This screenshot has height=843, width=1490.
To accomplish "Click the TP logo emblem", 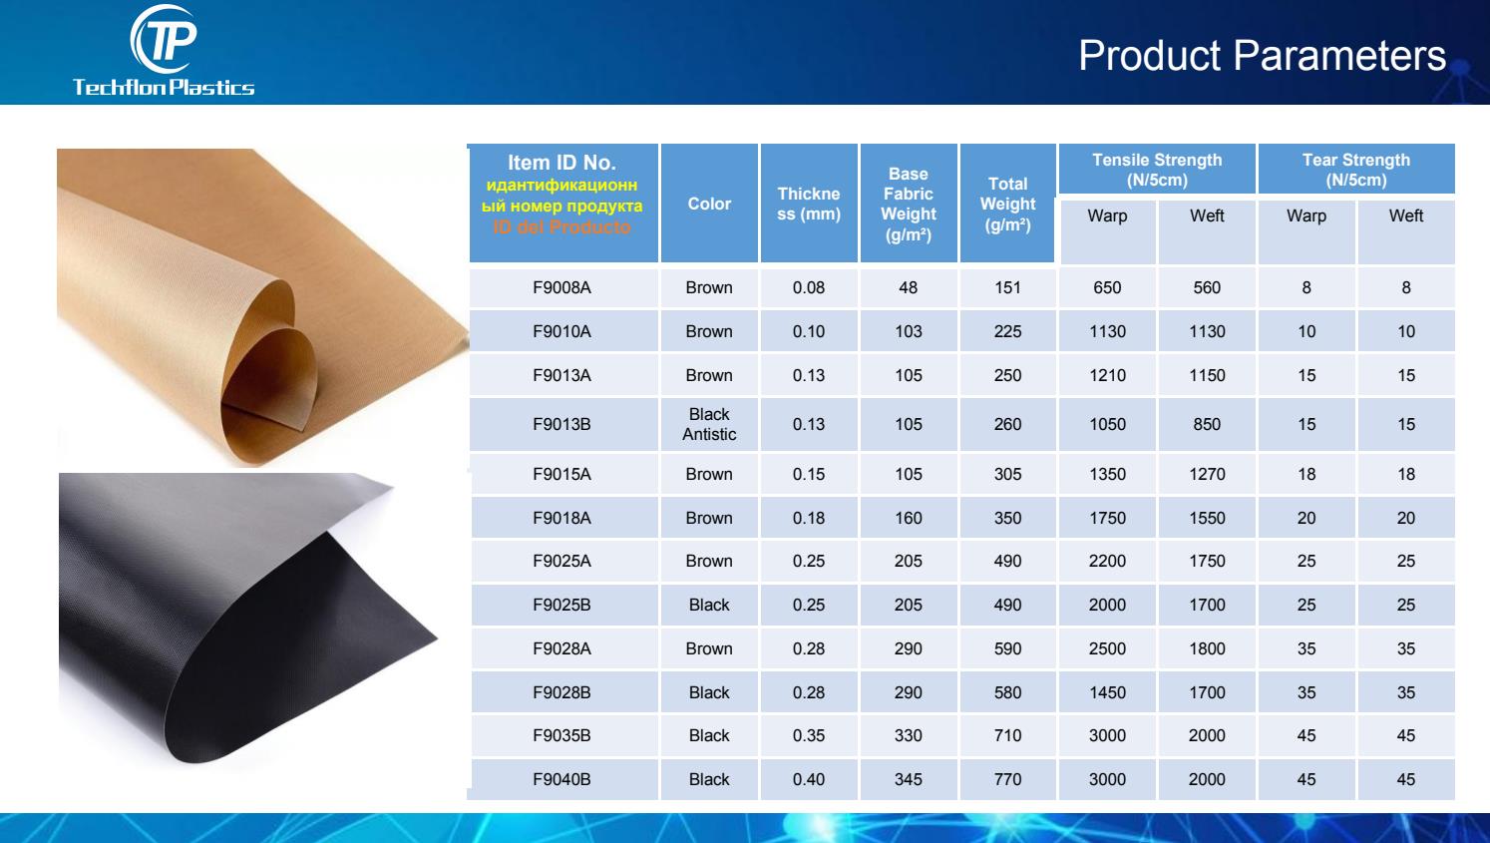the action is pyautogui.click(x=164, y=39).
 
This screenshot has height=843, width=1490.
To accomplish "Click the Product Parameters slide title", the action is pyautogui.click(x=1262, y=55).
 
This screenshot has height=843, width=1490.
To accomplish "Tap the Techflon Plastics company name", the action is pyautogui.click(x=164, y=87).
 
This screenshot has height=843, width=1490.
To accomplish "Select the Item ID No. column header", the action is pyautogui.click(x=562, y=163).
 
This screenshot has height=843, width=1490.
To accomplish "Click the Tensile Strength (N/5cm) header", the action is pyautogui.click(x=1157, y=170).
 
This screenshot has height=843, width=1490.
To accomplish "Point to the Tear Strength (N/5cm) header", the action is pyautogui.click(x=1355, y=170).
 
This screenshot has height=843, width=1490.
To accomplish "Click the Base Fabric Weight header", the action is pyautogui.click(x=908, y=204).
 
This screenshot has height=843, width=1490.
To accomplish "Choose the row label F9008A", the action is pyautogui.click(x=561, y=287).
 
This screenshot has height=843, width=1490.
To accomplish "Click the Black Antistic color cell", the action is pyautogui.click(x=709, y=424).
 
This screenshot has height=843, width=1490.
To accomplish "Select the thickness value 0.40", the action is pyautogui.click(x=808, y=779).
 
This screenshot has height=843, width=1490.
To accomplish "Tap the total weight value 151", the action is pyautogui.click(x=1007, y=287).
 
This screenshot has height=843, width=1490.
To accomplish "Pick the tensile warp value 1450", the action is pyautogui.click(x=1107, y=692).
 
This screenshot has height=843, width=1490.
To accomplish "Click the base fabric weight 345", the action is pyautogui.click(x=908, y=779).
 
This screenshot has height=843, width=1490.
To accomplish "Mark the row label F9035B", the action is pyautogui.click(x=561, y=735).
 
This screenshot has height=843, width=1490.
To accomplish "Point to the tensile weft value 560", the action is pyautogui.click(x=1207, y=287).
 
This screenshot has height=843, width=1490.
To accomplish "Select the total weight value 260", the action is pyautogui.click(x=1007, y=424).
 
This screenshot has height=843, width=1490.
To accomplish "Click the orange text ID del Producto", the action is pyautogui.click(x=562, y=226).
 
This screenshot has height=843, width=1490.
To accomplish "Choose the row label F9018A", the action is pyautogui.click(x=561, y=518).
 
